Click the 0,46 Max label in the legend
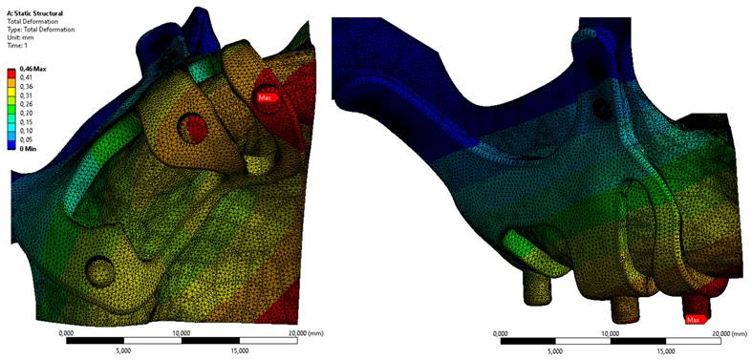pyautogui.click(x=29, y=70)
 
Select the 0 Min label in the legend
pyautogui.click(x=26, y=149)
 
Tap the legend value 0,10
pyautogui.click(x=24, y=132)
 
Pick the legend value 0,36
pyautogui.click(x=24, y=87)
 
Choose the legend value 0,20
pyautogui.click(x=24, y=114)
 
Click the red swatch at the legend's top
pyautogui.click(x=11, y=74)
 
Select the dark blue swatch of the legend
pyautogui.click(x=11, y=144)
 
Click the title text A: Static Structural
pyautogui.click(x=35, y=13)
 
